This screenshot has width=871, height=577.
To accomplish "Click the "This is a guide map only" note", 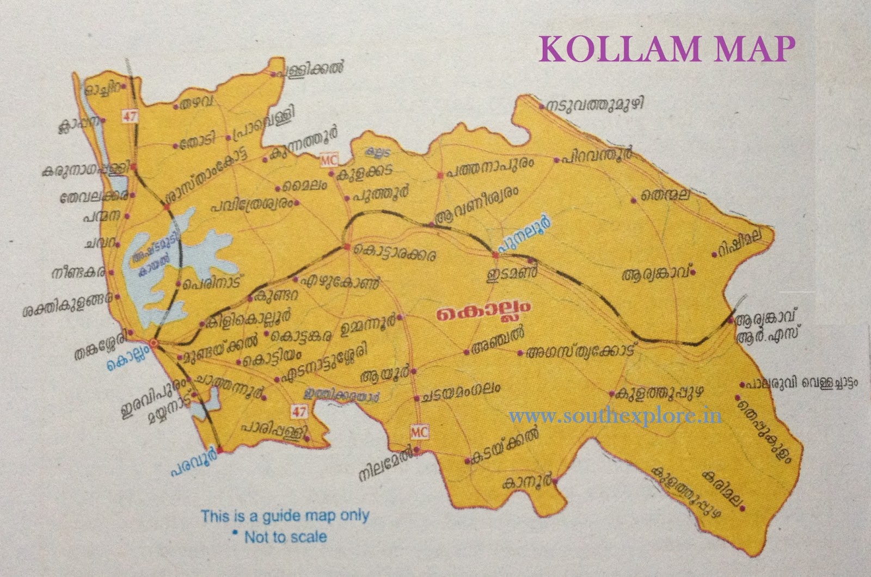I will (x=285, y=515).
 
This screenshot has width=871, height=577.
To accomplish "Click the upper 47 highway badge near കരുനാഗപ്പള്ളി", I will (x=128, y=115).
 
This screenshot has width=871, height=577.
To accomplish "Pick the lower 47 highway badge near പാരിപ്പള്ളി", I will (x=298, y=411).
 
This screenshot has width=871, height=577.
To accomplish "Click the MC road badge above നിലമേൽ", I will (x=419, y=433).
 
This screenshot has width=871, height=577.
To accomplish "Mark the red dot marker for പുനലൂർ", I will (x=496, y=255).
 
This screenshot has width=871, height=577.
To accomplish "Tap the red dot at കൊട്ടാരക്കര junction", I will (x=347, y=248).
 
